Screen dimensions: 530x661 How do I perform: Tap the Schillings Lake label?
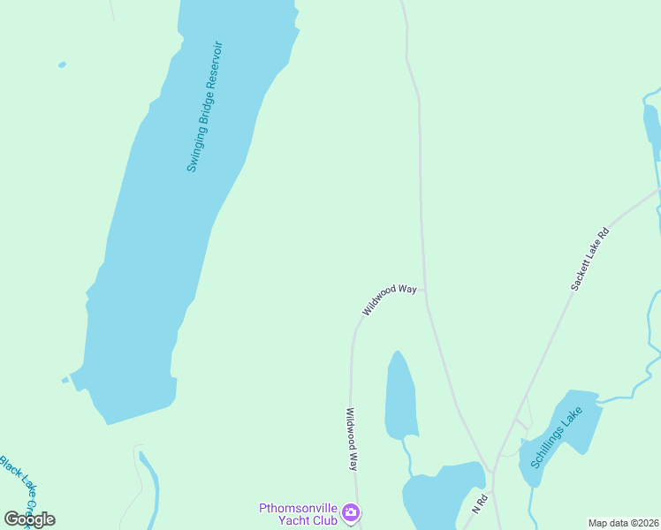557,437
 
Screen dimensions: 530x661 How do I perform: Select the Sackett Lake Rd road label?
589,259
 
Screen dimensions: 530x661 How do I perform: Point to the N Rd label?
479,504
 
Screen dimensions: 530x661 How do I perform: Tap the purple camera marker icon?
351,512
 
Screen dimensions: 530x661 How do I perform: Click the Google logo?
30,519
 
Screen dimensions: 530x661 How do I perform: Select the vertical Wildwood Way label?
352,438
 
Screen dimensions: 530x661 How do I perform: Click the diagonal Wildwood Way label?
389,299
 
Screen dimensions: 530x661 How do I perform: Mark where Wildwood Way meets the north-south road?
425,289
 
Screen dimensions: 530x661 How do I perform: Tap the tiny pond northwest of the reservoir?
62,64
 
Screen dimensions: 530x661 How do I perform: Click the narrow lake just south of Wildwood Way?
399,397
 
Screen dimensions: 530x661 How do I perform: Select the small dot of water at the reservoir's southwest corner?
65,381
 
